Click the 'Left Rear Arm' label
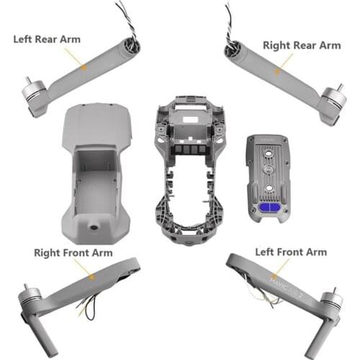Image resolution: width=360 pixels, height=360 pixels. (x=47, y=39)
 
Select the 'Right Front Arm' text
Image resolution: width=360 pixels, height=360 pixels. (x=72, y=253)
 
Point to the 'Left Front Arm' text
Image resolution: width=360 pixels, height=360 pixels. (x=291, y=252)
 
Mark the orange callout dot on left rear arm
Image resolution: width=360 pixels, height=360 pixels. (x=84, y=67)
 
